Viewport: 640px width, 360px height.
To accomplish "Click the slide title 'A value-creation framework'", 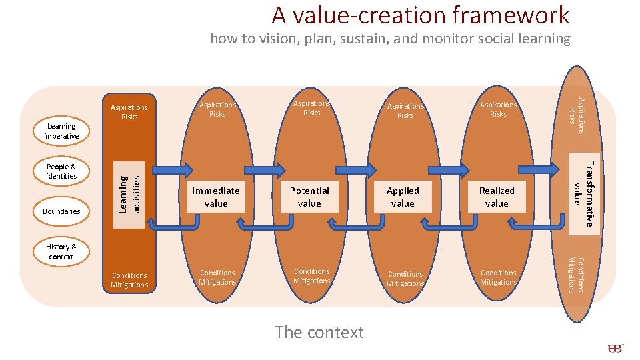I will tap(420, 15).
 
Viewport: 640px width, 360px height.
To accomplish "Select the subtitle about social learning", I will tap(390, 39).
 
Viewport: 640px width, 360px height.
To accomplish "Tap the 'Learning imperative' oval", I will tap(61, 131).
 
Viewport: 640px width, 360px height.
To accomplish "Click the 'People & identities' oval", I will tap(61, 171).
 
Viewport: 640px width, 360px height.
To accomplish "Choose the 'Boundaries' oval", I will tap(61, 211).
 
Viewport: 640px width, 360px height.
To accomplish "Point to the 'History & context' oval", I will tap(61, 251).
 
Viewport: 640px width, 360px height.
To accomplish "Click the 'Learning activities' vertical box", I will tap(130, 194).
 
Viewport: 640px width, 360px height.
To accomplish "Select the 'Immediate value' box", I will tap(216, 197).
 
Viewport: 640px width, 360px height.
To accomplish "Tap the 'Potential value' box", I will tap(309, 197).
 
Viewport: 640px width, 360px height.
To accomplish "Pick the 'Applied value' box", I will tap(403, 197).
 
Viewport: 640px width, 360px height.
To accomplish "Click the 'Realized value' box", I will tap(497, 197).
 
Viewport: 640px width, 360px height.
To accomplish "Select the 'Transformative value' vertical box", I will tap(583, 193).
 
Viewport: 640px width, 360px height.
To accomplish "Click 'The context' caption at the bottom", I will tap(319, 332).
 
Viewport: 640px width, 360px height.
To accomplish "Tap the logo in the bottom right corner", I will tap(615, 349).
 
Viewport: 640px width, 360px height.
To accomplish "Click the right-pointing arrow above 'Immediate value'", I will tap(175, 169).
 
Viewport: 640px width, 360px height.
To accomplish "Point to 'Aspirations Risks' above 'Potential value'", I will tap(311, 108).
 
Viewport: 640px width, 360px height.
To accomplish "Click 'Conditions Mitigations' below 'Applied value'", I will tap(405, 279).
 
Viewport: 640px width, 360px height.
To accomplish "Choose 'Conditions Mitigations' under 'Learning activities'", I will tap(129, 280).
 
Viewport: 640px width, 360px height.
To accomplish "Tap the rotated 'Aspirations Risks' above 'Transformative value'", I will tap(576, 111).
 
